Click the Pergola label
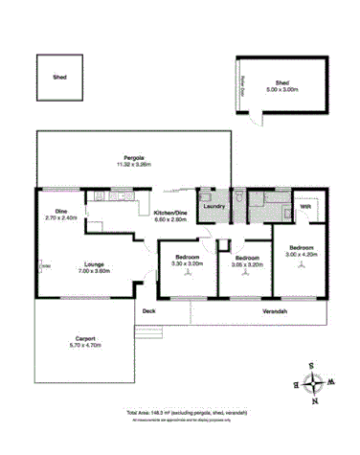click(133, 156)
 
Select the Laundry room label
click(213, 205)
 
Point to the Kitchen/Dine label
click(171, 213)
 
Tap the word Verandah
click(276, 312)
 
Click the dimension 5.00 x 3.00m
click(282, 89)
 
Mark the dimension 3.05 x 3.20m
click(248, 263)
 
